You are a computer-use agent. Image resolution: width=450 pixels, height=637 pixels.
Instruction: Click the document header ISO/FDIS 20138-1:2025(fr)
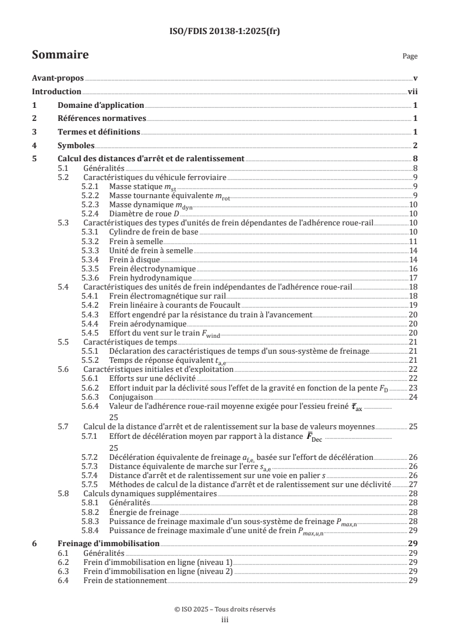coord(225,31)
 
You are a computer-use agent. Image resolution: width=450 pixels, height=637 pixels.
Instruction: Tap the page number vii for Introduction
coord(413,92)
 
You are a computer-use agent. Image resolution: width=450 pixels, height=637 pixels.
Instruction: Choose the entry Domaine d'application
coord(101,105)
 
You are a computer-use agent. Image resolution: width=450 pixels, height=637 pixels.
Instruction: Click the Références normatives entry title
coord(102,119)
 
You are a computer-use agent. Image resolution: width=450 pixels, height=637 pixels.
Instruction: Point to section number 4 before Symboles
coord(35,145)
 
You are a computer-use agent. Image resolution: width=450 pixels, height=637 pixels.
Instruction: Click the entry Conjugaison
coord(130,397)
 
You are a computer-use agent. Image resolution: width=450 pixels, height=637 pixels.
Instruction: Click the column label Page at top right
coord(410,56)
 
